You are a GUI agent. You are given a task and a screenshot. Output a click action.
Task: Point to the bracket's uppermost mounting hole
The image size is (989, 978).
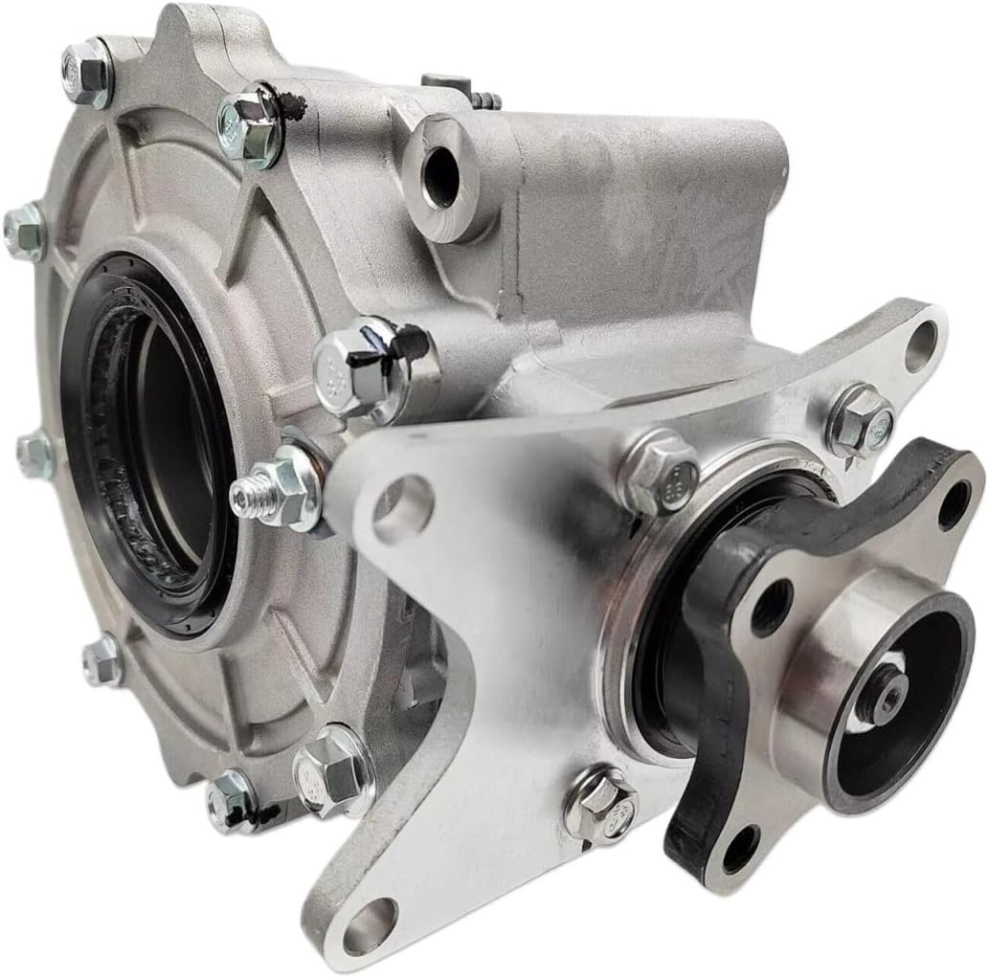[921, 345]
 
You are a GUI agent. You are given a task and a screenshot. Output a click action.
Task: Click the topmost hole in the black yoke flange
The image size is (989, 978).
[955, 505]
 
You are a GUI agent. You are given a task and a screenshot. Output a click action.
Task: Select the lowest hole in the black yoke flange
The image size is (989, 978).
[739, 848]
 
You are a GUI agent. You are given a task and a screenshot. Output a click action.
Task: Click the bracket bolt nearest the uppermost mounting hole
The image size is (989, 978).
[860, 421]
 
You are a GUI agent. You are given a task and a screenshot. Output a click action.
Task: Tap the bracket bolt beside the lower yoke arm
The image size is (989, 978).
[601, 806]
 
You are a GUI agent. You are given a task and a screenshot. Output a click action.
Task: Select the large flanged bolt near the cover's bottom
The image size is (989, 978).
[331, 771]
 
